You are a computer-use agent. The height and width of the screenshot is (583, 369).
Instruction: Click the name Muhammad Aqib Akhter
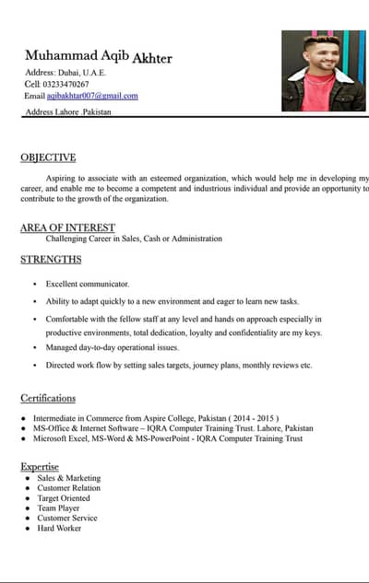[x=98, y=56]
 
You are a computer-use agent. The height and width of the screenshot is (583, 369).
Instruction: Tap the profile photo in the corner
[x=323, y=71]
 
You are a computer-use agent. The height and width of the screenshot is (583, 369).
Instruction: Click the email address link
[x=92, y=96]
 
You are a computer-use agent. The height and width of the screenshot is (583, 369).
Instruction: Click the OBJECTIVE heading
[x=48, y=157]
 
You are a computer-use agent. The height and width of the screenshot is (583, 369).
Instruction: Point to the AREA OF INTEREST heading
[x=67, y=227]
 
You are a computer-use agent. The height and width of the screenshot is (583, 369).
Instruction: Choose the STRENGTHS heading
[x=51, y=260]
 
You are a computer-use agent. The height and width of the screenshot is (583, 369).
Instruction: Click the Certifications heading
[x=48, y=398]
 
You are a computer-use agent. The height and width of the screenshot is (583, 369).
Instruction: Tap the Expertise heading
[x=40, y=467]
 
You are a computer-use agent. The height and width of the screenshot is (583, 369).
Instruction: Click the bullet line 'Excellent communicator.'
[x=88, y=284]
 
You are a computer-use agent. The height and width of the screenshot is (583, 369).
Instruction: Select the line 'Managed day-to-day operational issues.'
[x=113, y=347]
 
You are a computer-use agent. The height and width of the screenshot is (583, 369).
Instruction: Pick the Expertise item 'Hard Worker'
[x=59, y=528]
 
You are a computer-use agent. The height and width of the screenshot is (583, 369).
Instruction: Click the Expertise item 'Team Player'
[x=58, y=507]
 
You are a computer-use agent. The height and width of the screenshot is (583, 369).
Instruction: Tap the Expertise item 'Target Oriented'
[x=65, y=498]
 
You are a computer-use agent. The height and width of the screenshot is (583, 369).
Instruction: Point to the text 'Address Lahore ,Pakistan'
[x=68, y=111]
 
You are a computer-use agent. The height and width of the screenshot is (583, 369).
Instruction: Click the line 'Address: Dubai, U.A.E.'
[x=65, y=72]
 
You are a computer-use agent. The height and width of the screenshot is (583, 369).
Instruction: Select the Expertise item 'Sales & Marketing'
[x=69, y=478]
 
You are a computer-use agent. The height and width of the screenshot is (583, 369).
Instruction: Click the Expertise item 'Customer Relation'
[x=69, y=488]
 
